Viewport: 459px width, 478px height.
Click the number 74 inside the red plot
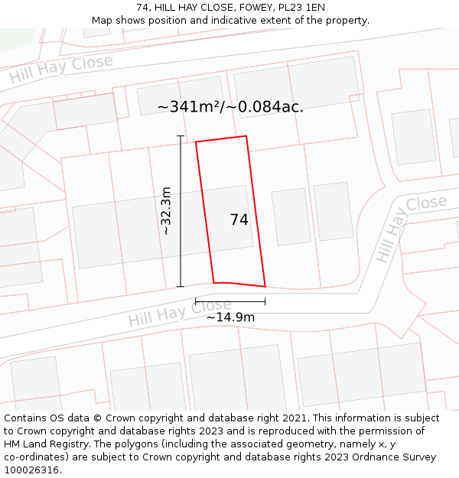pyautogui.click(x=239, y=219)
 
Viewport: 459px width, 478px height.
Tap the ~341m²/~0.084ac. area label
pyautogui.click(x=230, y=107)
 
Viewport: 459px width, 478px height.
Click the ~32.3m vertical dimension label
pyautogui.click(x=166, y=211)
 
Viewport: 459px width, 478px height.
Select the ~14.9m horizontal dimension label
pyautogui.click(x=230, y=317)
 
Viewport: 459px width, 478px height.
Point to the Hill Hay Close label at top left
pyautogui.click(x=61, y=70)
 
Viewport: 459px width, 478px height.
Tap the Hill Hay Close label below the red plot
pyautogui.click(x=180, y=313)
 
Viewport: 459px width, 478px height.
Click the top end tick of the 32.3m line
pyautogui.click(x=181, y=136)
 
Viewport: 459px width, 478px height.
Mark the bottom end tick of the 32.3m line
pyautogui.click(x=181, y=287)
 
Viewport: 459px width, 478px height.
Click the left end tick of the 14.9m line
pyautogui.click(x=196, y=302)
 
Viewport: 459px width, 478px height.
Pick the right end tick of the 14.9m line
pyautogui.click(x=265, y=302)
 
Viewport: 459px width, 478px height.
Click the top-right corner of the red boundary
pyautogui.click(x=246, y=136)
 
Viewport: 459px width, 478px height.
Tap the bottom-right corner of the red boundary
pyautogui.click(x=265, y=287)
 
